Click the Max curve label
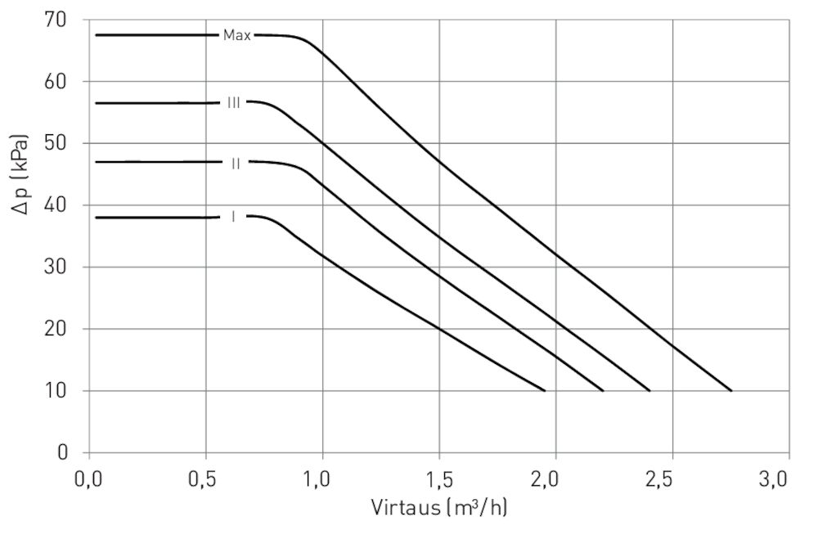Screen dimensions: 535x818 (236, 35)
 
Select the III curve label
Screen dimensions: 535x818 (234, 103)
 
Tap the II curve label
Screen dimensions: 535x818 (236, 163)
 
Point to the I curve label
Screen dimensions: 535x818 (233, 217)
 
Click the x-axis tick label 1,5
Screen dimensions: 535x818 (438, 479)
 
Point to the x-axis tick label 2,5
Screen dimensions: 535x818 (672, 479)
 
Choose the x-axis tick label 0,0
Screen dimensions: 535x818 (89, 479)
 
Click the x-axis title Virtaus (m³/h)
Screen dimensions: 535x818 (438, 508)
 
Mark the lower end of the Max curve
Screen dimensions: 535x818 (730, 391)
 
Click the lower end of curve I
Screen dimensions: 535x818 (545, 391)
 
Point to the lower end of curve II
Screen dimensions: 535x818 (603, 391)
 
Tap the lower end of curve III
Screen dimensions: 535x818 (649, 391)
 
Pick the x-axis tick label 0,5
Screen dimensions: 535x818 (205, 479)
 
